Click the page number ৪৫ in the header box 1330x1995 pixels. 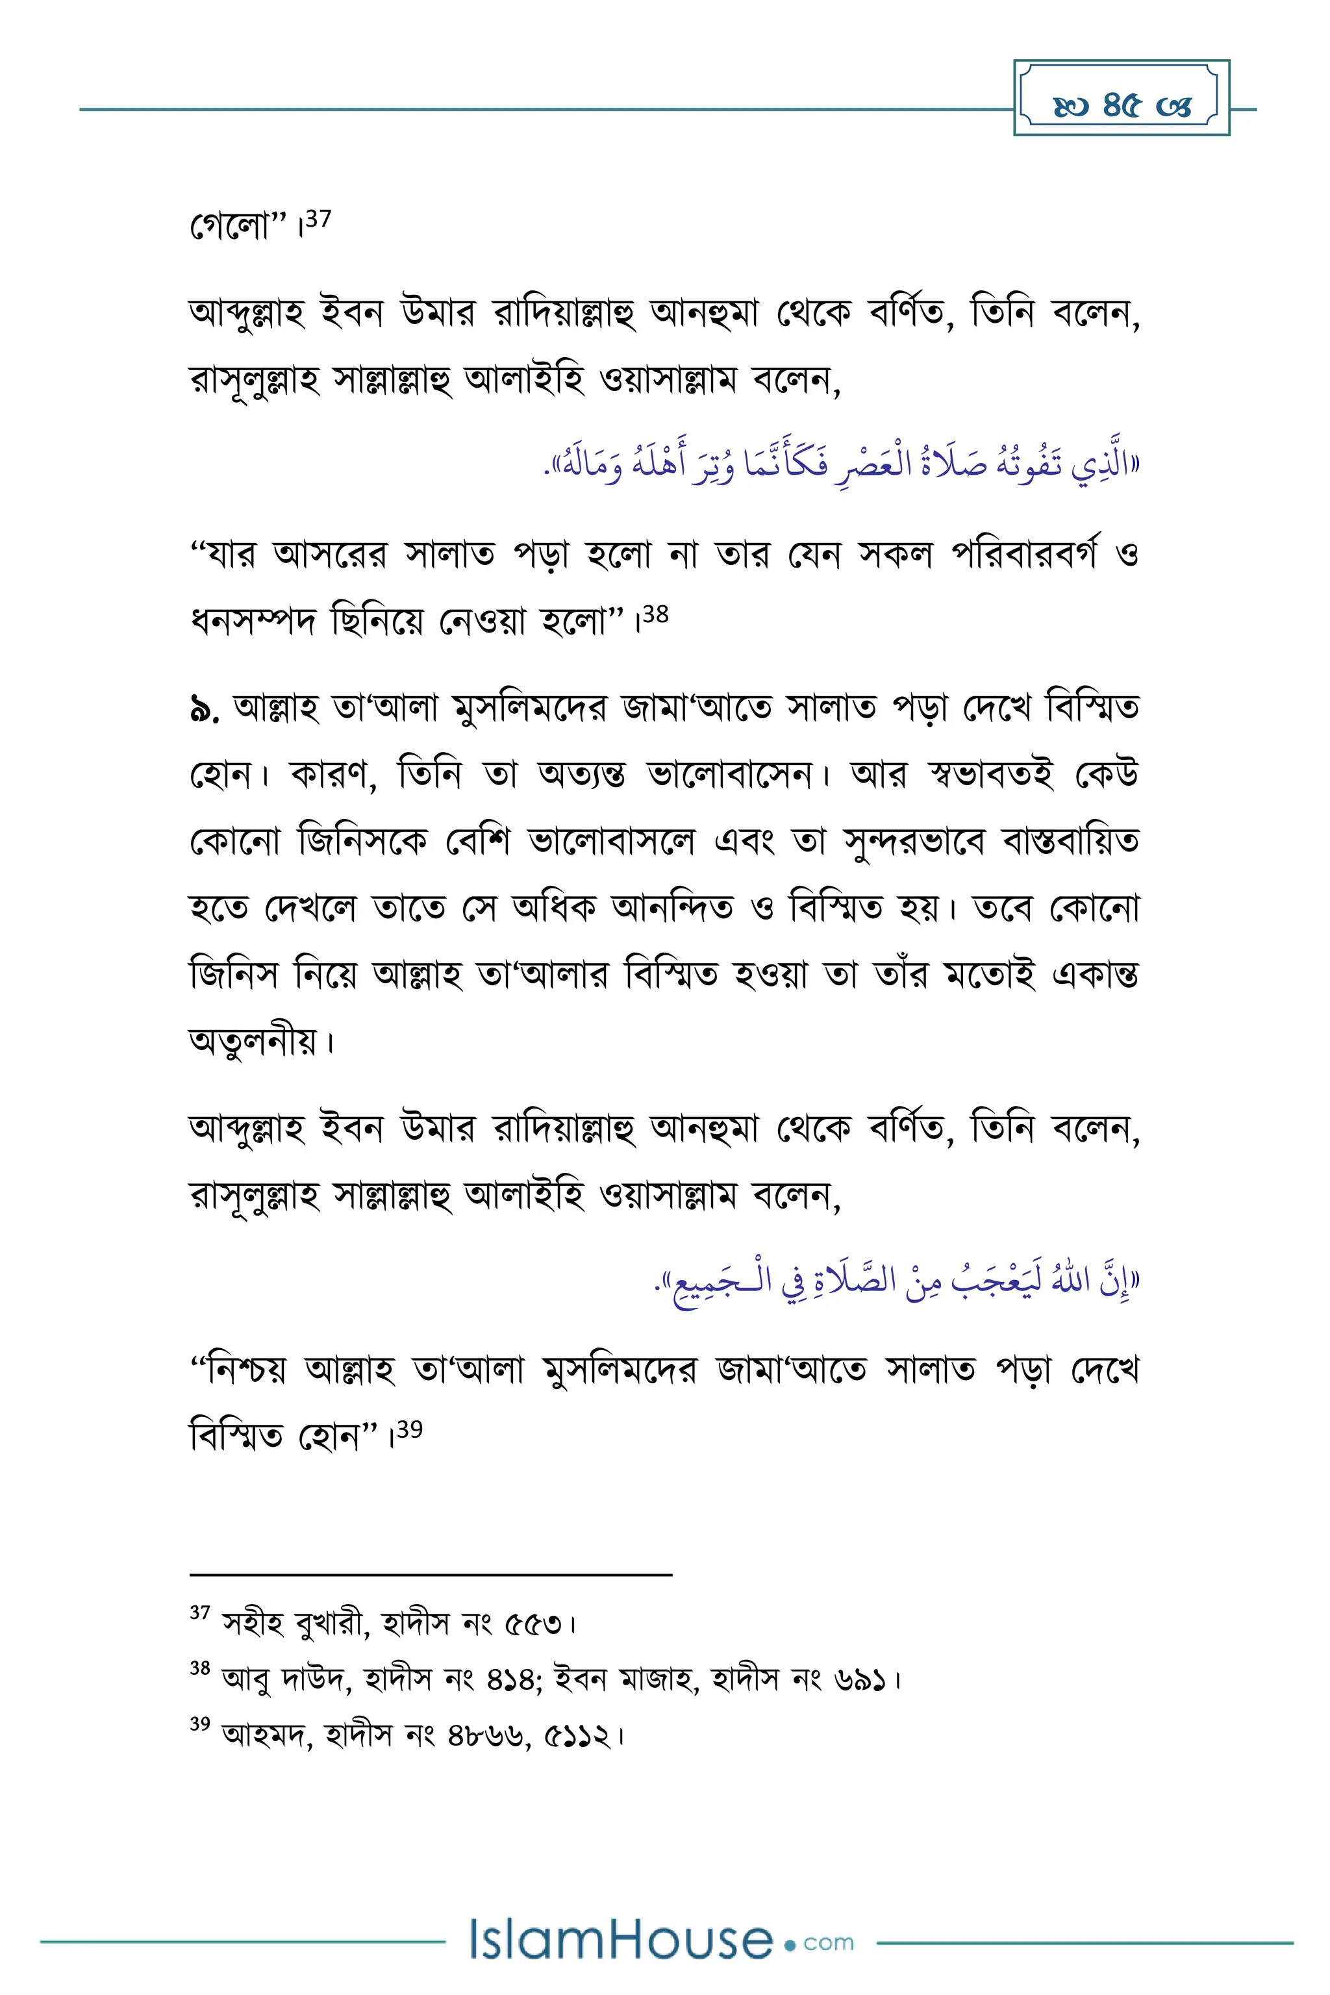point(1122,105)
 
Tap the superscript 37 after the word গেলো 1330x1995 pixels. point(318,219)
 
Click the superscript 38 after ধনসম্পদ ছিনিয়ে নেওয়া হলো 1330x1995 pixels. point(656,614)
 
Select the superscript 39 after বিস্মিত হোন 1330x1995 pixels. point(410,1429)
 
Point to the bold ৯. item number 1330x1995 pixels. point(205,709)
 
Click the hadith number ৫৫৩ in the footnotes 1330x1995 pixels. point(534,1624)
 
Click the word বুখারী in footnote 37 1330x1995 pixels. point(331,1624)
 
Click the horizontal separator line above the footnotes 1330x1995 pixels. point(431,1575)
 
